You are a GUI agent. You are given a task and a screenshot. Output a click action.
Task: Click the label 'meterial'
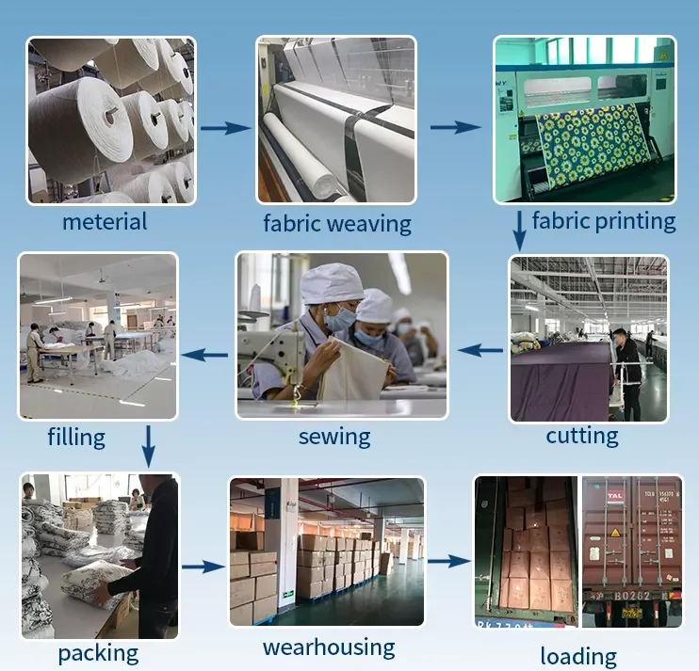105,221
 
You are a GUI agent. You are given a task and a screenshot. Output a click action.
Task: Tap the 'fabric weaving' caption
336,224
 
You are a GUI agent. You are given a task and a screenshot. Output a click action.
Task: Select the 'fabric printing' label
604,221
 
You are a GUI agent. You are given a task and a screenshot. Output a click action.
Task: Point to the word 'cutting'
582,436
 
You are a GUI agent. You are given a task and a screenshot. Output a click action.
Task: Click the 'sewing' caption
334,437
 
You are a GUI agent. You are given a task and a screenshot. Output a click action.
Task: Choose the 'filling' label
76,437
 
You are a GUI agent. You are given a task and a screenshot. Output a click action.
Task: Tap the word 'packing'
98,652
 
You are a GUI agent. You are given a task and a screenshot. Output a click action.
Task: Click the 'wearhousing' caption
329,647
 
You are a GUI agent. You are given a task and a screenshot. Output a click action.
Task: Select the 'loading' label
578,656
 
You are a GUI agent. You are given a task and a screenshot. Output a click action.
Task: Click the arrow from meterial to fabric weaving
226,127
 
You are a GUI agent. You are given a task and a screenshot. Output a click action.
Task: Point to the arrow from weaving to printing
456,126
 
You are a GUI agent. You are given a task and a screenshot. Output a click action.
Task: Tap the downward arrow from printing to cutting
519,231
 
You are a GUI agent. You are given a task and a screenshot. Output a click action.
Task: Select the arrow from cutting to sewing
480,350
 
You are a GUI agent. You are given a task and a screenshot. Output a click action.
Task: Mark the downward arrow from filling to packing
148,445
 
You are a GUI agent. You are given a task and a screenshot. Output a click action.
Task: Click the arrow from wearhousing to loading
447,561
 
